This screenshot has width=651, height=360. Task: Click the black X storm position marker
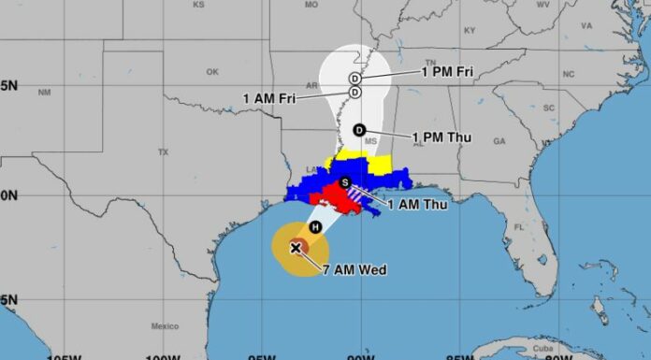coord(296,248)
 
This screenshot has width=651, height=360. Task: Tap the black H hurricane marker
coord(316,227)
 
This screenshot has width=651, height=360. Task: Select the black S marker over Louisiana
coord(344,182)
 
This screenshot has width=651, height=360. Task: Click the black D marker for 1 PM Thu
coord(358,130)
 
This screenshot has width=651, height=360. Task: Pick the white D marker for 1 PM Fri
coord(355,78)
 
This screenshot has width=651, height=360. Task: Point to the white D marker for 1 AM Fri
coord(355,92)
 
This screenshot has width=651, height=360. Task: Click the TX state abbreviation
coord(163,151)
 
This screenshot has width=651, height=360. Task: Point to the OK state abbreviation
coord(211,72)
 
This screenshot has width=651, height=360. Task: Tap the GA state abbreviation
coord(499,141)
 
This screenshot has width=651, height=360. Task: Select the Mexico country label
coord(165,326)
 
